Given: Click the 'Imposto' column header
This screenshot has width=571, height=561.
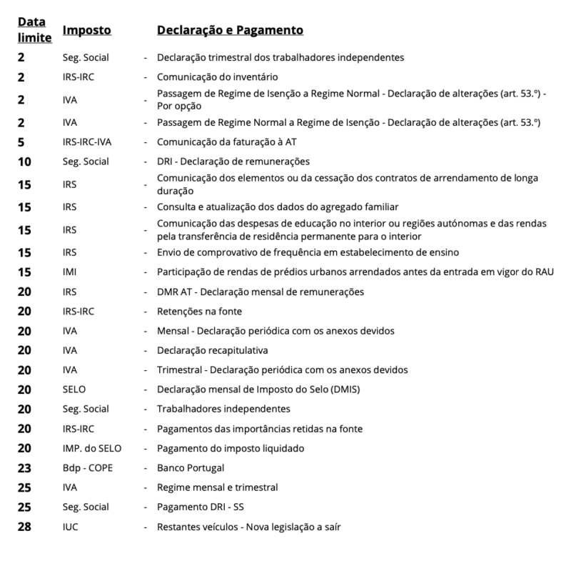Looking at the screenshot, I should tap(86, 31).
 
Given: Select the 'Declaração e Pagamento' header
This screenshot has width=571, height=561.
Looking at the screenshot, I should tap(230, 31).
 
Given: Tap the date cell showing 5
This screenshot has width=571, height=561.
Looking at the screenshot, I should tap(21, 142).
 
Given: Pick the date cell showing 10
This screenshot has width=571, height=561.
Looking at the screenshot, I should tap(24, 162).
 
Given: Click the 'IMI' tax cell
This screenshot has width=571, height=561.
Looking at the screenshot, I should tap(69, 272).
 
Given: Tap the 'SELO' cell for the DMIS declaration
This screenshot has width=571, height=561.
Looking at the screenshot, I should tap(74, 389).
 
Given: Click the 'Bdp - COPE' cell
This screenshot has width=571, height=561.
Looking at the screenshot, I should tap(86, 468).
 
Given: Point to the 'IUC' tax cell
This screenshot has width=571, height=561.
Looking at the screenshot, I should tap(71, 527).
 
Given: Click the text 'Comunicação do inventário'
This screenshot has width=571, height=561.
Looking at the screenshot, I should tap(217, 76).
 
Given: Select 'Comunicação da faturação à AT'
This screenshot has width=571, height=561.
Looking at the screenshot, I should tap(226, 142).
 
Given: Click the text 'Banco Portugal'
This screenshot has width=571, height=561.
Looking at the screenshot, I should tap(191, 468).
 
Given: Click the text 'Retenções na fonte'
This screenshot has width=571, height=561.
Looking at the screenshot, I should tap(199, 311).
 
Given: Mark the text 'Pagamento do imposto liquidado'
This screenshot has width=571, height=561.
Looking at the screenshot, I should tap(231, 448).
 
